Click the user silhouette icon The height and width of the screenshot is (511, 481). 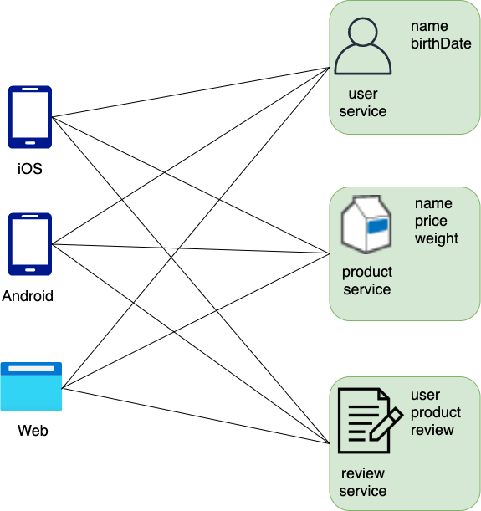pyautogui.click(x=362, y=48)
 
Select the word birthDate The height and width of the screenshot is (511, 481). pyautogui.click(x=441, y=43)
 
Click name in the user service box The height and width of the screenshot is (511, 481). pyautogui.click(x=429, y=26)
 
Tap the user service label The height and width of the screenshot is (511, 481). pyautogui.click(x=363, y=102)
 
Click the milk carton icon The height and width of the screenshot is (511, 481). pyautogui.click(x=366, y=224)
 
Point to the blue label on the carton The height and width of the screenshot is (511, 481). pyautogui.click(x=377, y=224)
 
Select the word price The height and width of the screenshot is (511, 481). pyautogui.click(x=431, y=221)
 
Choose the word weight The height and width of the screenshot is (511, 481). pyautogui.click(x=437, y=238)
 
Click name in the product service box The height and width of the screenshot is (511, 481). pyautogui.click(x=433, y=203)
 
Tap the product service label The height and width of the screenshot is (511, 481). pyautogui.click(x=366, y=280)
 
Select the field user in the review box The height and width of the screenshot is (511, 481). pyautogui.click(x=425, y=395)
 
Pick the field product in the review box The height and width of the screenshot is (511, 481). pyautogui.click(x=435, y=412)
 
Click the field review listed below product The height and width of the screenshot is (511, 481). pyautogui.click(x=432, y=430)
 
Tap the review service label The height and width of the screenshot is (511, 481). pyautogui.click(x=363, y=482)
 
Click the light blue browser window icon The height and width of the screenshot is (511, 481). pyautogui.click(x=31, y=386)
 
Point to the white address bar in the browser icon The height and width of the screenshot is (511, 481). pyautogui.click(x=31, y=368)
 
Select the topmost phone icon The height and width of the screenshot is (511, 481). pyautogui.click(x=29, y=116)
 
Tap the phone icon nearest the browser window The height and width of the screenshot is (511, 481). pyautogui.click(x=29, y=243)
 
